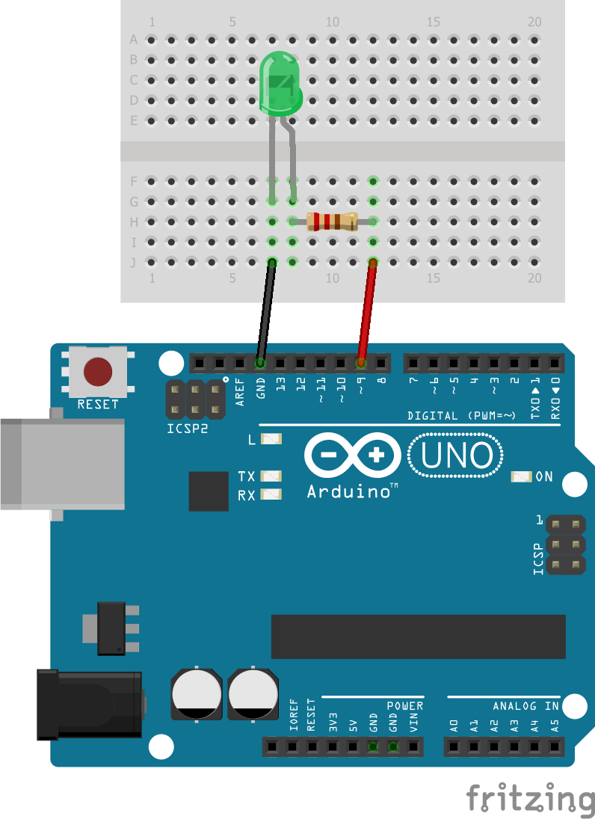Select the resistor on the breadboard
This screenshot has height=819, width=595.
coord(333,221)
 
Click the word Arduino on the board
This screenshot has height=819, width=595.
coord(348,491)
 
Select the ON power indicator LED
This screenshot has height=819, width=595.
coord(521,476)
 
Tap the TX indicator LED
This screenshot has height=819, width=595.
coord(272,476)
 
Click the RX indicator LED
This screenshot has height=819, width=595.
coord(272,494)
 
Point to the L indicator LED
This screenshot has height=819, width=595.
coord(272,440)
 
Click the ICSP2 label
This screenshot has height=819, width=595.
coord(187,429)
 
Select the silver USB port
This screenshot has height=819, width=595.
coord(60,463)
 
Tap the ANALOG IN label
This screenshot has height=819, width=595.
coord(525,706)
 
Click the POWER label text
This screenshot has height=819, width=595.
coord(404,706)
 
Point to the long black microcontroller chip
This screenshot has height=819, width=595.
coord(418,637)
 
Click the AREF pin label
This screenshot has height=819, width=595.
coord(240,391)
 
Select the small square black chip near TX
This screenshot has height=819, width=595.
coord(209,491)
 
